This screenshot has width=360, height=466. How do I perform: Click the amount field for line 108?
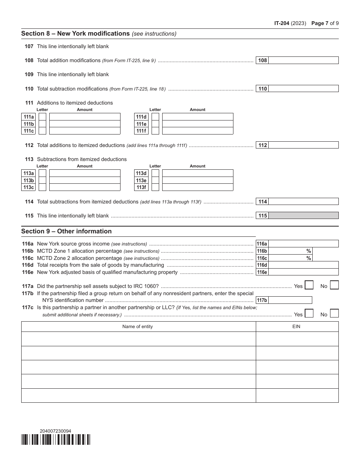pos(303,60)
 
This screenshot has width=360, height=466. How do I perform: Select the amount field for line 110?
pos(303,89)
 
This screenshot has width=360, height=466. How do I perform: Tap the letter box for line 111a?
pos(42,117)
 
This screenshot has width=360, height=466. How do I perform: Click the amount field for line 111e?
pos(197,124)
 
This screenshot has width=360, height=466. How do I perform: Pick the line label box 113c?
pos(28,187)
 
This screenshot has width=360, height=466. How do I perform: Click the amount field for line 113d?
pos(197,173)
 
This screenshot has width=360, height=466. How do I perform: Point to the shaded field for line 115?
pos(303,216)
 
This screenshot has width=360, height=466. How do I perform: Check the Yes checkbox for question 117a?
pos(309,285)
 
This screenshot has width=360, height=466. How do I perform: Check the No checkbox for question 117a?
pos(334,285)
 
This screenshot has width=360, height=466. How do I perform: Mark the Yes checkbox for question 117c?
pos(309,313)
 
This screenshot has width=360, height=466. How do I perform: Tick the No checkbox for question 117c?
pos(334,313)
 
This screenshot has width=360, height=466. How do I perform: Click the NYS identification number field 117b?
pos(290,300)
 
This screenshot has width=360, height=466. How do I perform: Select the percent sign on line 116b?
pos(308,251)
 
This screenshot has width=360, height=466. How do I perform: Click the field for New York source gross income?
pos(303,244)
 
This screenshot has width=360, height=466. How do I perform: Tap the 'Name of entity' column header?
pos(138,327)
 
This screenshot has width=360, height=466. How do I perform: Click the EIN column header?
pos(296,327)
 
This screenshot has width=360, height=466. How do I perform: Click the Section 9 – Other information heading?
pos(66,231)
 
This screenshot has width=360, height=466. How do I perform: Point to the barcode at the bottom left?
pos(56,439)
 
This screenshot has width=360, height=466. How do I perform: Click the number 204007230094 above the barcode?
pos(55,431)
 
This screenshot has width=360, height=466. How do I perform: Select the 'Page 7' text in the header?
pos(319,23)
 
